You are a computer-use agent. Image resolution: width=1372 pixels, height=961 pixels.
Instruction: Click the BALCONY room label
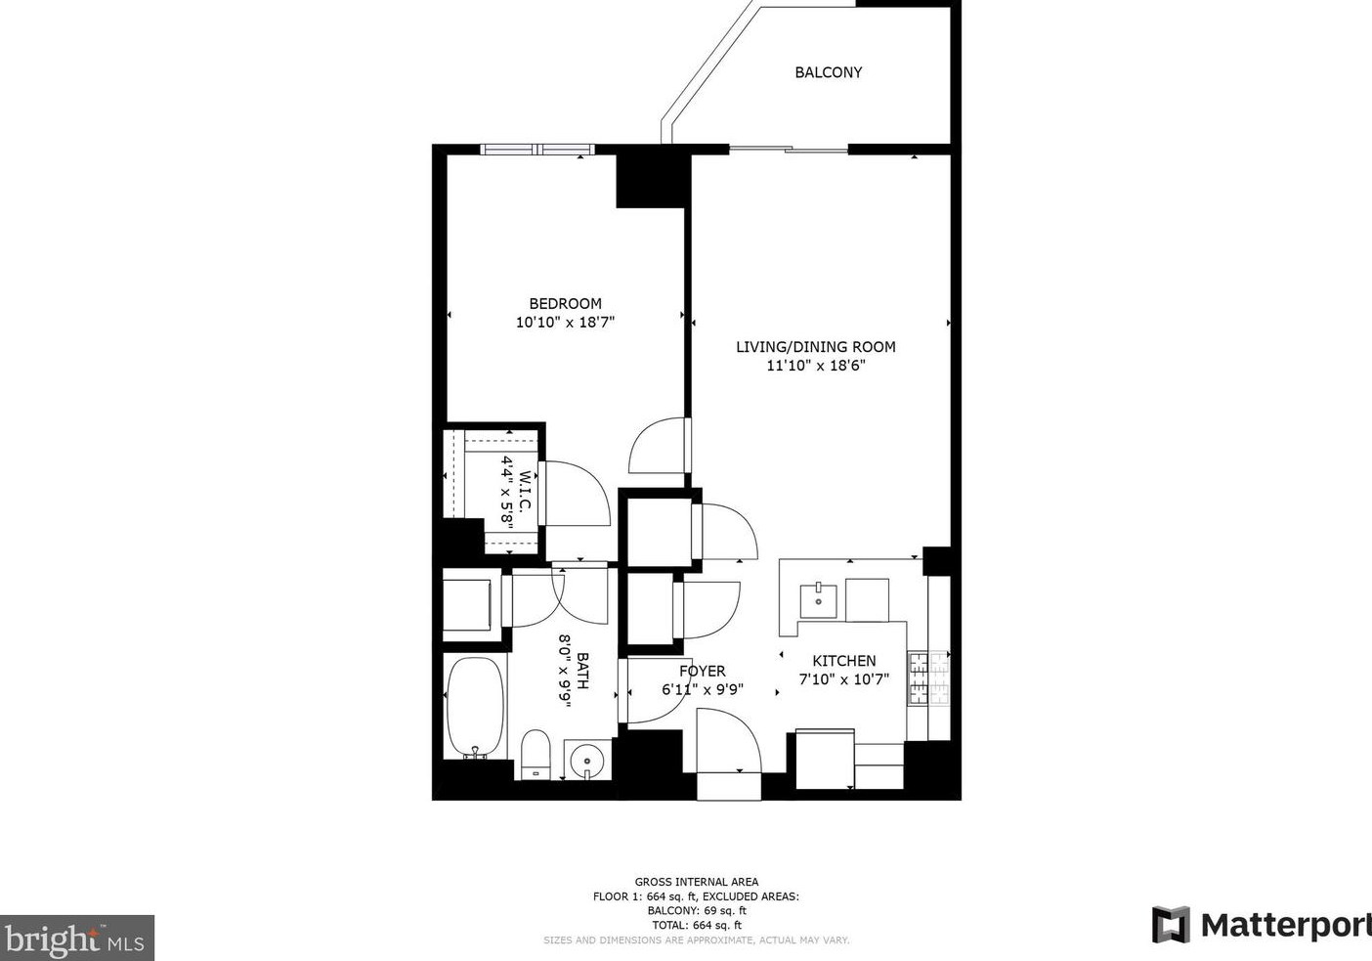(x=828, y=72)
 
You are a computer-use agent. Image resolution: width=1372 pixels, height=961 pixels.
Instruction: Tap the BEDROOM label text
(x=566, y=303)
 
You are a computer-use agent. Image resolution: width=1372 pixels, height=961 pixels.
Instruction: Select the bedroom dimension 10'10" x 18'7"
(x=565, y=323)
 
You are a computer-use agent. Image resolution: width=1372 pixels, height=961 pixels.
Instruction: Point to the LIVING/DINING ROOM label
(x=816, y=347)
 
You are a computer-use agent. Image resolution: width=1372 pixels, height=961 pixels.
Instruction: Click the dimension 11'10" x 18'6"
(x=816, y=366)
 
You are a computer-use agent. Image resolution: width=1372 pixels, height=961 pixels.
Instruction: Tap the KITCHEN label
(x=844, y=661)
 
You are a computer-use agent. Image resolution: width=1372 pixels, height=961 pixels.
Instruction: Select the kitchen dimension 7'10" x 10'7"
(x=844, y=679)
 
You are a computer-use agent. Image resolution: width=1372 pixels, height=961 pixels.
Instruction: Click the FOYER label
(x=703, y=671)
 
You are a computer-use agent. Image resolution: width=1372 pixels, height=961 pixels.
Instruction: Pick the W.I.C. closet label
(x=525, y=491)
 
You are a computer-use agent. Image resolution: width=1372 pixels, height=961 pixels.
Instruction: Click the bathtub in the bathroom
(x=475, y=708)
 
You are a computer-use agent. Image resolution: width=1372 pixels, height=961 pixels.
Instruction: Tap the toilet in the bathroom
(x=536, y=755)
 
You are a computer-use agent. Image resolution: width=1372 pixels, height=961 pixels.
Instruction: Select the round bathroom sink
(x=586, y=761)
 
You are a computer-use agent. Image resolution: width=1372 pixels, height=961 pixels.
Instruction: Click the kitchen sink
(x=818, y=601)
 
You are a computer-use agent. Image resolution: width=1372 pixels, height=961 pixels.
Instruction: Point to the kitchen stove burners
(x=929, y=677)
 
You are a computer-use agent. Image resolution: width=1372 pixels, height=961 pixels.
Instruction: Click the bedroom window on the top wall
(x=537, y=149)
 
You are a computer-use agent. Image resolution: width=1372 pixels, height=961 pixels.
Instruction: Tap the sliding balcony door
(x=789, y=149)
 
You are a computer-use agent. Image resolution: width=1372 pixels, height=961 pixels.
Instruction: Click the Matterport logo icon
(x=1171, y=925)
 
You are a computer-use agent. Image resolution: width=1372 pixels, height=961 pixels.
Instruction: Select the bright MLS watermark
(x=76, y=938)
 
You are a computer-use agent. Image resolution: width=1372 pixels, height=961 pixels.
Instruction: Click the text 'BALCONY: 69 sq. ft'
(x=697, y=911)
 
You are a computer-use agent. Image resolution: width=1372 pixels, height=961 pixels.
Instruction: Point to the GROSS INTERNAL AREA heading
(x=697, y=882)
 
